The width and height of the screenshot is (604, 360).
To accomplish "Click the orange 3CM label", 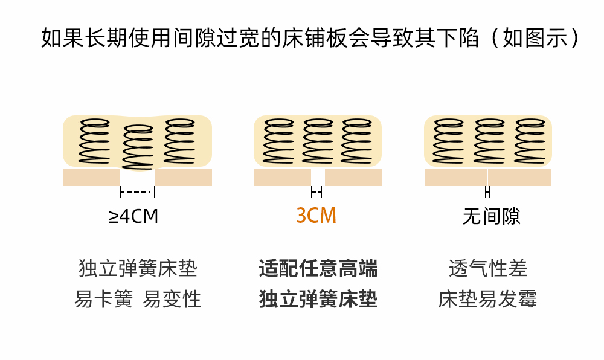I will [x=316, y=216].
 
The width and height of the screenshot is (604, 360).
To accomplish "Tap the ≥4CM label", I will [x=133, y=216].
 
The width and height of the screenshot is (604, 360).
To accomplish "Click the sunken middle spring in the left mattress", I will [x=138, y=147].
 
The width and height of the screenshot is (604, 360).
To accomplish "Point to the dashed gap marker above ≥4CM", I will [x=138, y=192].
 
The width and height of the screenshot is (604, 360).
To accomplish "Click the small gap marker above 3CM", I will [x=316, y=192].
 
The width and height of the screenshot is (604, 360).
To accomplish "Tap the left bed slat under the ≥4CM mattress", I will [x=91, y=178].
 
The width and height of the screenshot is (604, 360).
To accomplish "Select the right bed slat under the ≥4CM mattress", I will [x=183, y=178].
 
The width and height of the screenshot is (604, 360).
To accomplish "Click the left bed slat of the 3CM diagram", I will [x=282, y=178].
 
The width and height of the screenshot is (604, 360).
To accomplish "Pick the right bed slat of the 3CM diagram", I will [x=353, y=178].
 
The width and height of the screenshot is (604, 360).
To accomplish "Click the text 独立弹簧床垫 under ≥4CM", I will [x=138, y=268].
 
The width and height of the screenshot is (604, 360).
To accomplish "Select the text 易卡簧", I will [x=103, y=299].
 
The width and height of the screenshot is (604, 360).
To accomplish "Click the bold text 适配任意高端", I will [x=318, y=268].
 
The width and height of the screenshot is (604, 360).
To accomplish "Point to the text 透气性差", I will [x=488, y=268].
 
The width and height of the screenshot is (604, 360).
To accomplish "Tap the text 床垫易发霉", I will [x=488, y=299].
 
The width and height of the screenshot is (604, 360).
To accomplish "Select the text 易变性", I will [x=172, y=299].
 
